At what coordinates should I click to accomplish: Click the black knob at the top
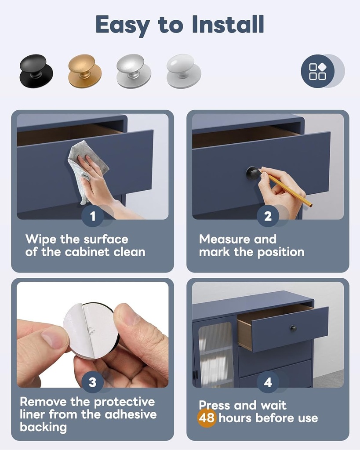point(36,70)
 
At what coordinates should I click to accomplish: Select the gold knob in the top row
point(84,70)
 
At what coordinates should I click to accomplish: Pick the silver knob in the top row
point(134,70)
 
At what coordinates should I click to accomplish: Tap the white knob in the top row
point(183,70)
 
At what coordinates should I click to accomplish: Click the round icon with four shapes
point(318,71)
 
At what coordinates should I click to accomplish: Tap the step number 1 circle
point(92,216)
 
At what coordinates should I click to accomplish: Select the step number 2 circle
point(268,216)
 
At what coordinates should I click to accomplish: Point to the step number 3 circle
point(92,382)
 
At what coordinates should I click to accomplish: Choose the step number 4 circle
point(268,382)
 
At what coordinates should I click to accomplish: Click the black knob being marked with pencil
point(252,173)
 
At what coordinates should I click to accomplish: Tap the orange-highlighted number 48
point(206,417)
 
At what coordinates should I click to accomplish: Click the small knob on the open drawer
point(293,328)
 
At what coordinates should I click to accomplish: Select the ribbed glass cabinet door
point(215,352)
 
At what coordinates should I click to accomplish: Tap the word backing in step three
point(43,427)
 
